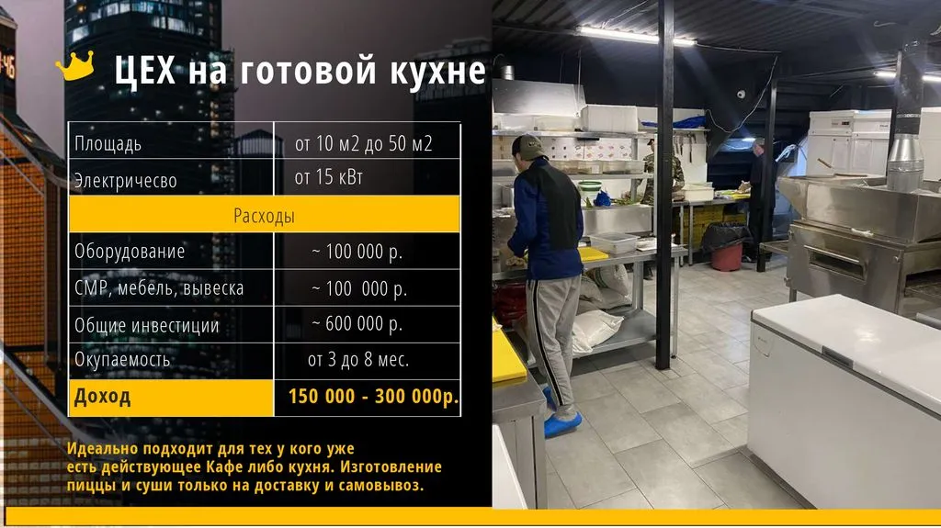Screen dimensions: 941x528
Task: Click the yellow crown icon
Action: click(75, 66)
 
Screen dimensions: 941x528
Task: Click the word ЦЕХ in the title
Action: click(144, 70)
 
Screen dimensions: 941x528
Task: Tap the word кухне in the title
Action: click(437, 70)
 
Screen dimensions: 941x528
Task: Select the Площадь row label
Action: click(108, 144)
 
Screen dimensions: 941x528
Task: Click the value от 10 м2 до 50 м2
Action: click(363, 143)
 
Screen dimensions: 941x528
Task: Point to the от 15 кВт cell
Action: click(329, 177)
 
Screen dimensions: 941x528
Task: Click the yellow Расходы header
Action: click(264, 214)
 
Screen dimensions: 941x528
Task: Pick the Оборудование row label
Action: click(130, 251)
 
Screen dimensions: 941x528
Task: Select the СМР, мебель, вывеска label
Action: click(159, 288)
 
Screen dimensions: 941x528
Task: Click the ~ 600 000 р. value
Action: click(357, 324)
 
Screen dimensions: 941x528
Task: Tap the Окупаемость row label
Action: click(122, 359)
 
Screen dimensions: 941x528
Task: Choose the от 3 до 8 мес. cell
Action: click(358, 359)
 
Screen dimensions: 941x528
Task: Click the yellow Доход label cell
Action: click(171, 398)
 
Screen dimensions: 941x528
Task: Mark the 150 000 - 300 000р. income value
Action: click(373, 397)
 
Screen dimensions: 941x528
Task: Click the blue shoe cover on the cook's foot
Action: click(562, 424)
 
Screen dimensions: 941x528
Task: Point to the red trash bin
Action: click(727, 257)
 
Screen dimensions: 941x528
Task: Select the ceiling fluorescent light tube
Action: click(635, 36)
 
